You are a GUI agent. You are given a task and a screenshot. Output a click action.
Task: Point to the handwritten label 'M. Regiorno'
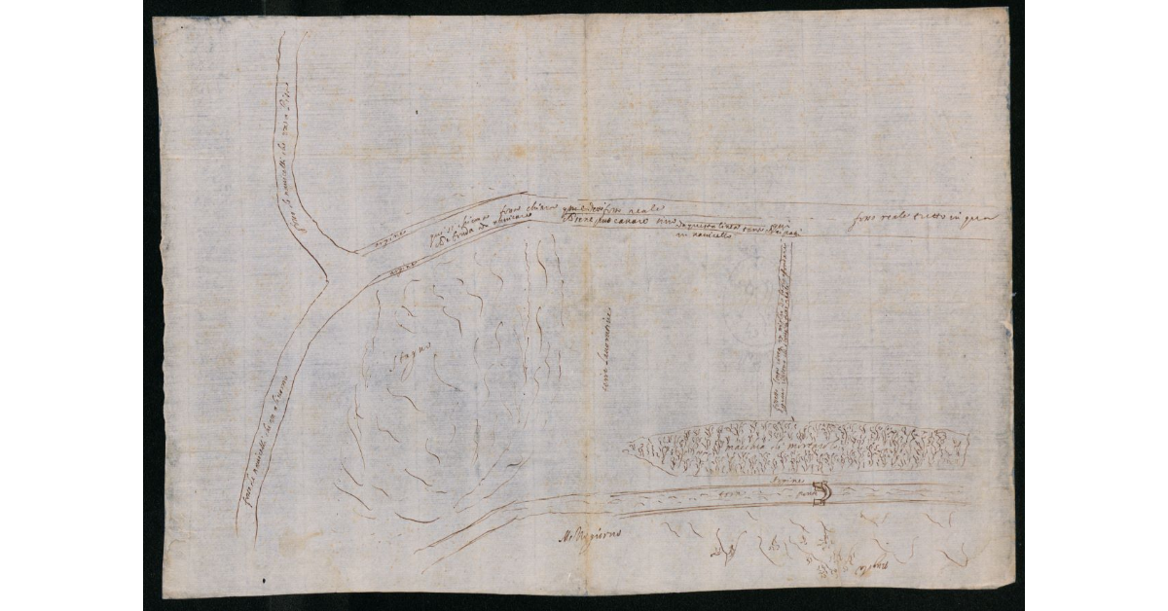pos(589,534)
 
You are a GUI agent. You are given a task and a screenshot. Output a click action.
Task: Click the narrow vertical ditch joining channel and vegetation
pos(782,331)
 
